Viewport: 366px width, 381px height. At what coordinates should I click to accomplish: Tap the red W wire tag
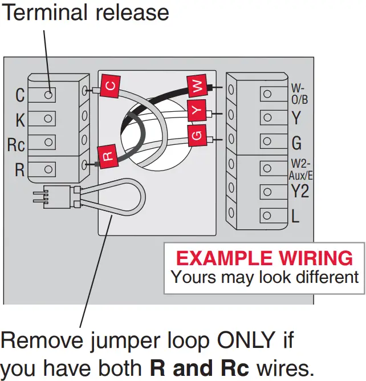[197, 87]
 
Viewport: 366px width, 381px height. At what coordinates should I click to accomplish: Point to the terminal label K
[19, 120]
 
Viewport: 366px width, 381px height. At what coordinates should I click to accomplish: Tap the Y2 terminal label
[299, 191]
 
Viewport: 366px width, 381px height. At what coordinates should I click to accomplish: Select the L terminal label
[296, 216]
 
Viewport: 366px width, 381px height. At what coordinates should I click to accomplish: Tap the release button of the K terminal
[49, 119]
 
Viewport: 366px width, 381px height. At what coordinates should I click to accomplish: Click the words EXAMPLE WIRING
[264, 258]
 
